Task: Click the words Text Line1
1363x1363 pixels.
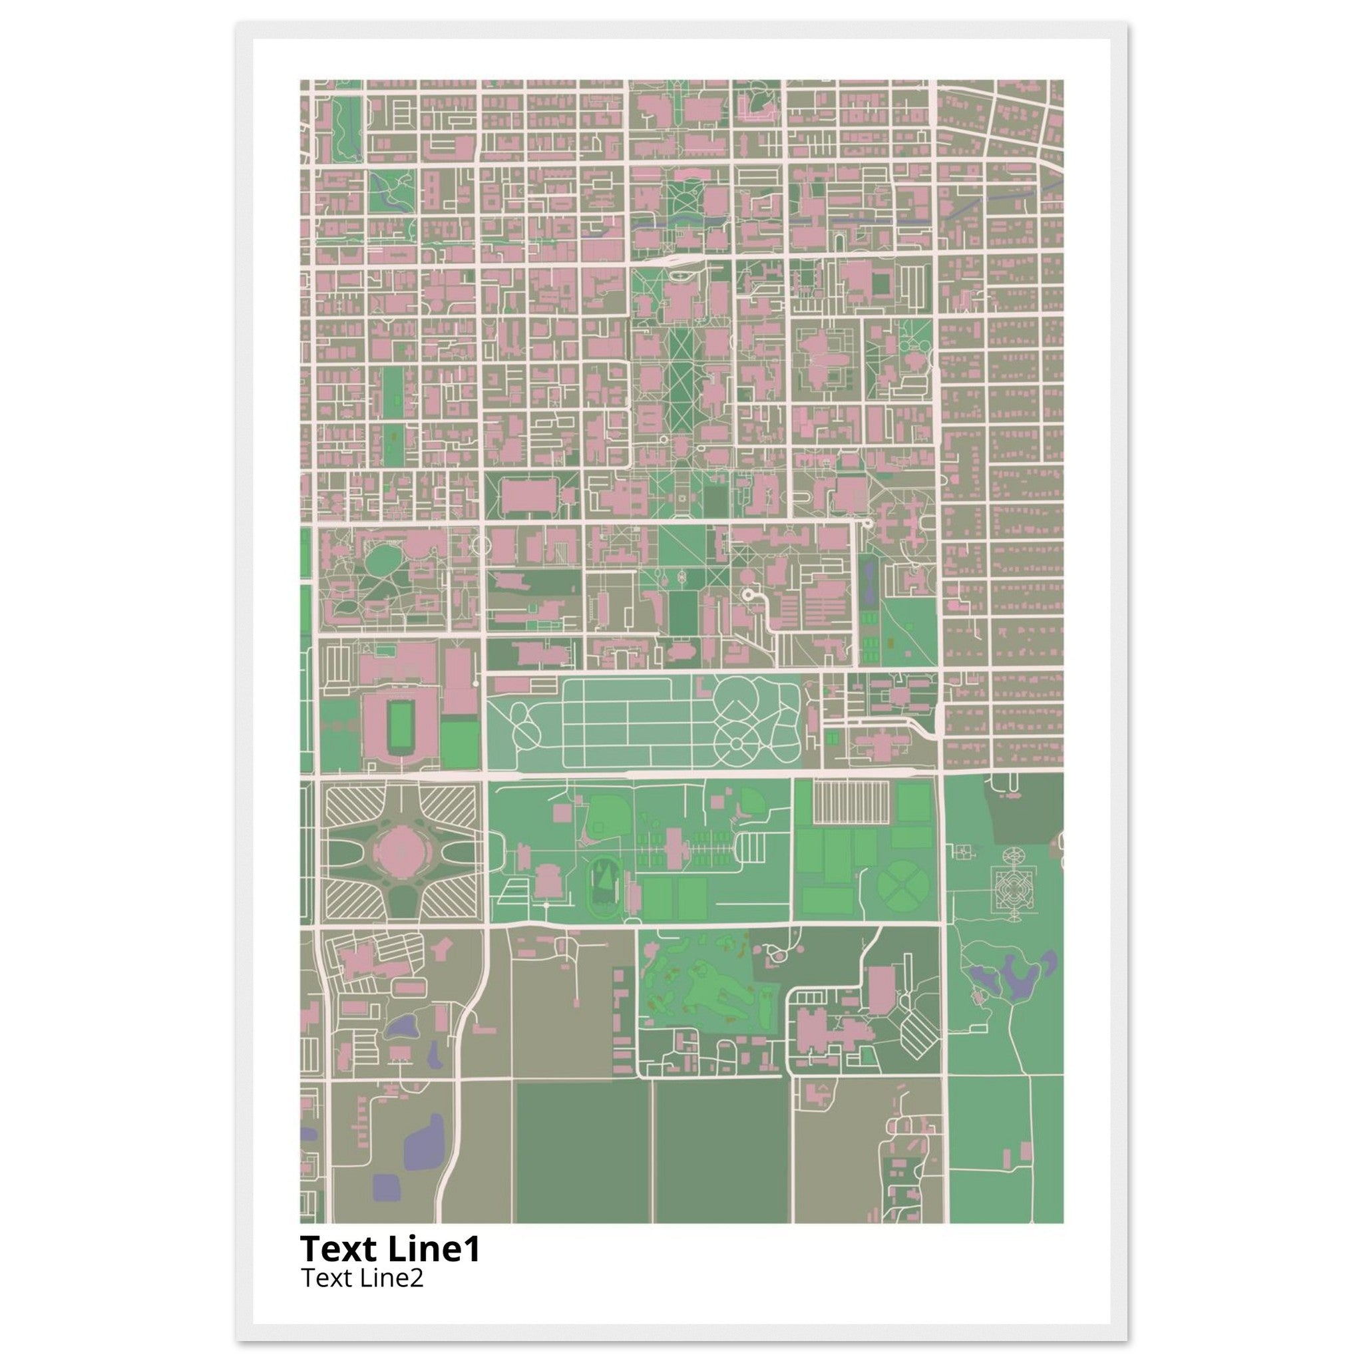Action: [390, 1249]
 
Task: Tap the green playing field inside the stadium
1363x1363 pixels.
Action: [400, 727]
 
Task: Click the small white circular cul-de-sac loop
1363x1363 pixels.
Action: [748, 596]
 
